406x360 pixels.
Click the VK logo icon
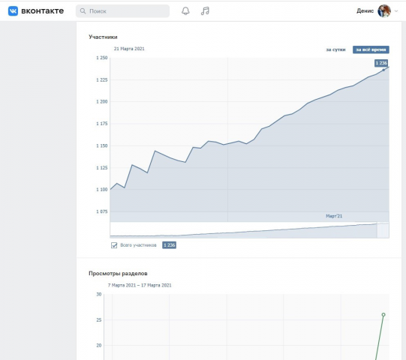coord(13,11)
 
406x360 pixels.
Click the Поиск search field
coord(122,11)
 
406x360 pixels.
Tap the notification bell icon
coord(185,10)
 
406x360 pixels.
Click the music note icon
coord(205,10)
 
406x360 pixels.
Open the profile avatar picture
coord(384,10)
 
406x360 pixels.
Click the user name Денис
coord(365,10)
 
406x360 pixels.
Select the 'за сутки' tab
coord(335,49)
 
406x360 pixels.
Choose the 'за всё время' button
coord(371,49)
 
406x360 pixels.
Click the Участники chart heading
coord(103,37)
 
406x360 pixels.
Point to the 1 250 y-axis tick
coord(102,58)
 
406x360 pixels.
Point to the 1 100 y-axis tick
coord(102,190)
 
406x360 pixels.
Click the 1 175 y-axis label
coord(102,124)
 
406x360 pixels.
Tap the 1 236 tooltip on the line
coord(381,63)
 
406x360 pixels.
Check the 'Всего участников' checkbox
coord(114,245)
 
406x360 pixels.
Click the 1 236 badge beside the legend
coord(170,245)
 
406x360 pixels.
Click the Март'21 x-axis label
coord(334,216)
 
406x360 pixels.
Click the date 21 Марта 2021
coord(129,49)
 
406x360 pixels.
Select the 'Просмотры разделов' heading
coord(118,273)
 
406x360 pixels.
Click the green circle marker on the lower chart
coord(383,315)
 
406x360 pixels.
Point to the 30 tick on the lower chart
coord(99,294)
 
